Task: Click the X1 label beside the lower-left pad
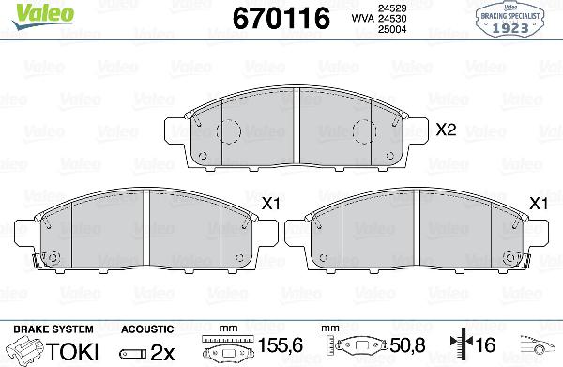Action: click(x=270, y=203)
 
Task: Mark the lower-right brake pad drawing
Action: click(x=419, y=233)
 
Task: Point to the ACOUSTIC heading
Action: click(x=147, y=329)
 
